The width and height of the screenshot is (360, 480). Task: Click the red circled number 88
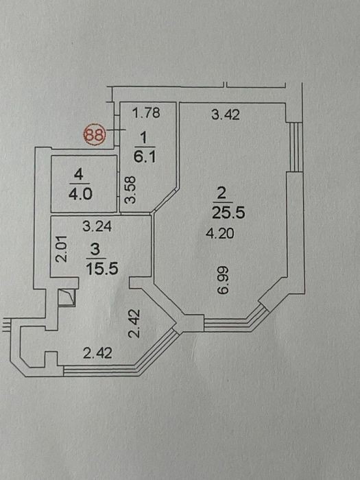pos(95,134)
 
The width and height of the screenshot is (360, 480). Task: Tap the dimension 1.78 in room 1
pos(145,112)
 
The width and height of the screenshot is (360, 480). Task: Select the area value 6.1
pos(145,157)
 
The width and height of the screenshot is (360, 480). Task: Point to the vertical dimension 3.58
pos(130,190)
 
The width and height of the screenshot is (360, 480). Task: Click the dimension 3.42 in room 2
pos(226,115)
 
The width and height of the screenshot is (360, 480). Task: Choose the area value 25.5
pos(228,213)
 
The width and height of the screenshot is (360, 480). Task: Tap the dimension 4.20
pos(220,234)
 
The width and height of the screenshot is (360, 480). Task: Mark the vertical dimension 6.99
pos(223,280)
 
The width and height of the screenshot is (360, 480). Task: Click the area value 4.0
pos(80,194)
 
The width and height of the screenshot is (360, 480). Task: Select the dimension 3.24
pos(97,226)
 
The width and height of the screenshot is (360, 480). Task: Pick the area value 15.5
pos(102,269)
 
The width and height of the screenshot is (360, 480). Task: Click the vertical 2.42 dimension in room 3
pos(134,323)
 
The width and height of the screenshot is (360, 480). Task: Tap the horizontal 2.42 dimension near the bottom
pos(97,353)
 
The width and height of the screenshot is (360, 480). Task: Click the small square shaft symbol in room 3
pos(67,298)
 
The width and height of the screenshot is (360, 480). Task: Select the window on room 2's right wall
pos(294,147)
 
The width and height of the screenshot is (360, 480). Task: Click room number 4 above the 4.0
pos(79,176)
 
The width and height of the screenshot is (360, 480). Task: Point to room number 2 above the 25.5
pos(221,193)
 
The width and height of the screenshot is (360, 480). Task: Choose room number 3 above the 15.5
pos(95,250)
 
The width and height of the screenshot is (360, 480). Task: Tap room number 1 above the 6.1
pos(144,139)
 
